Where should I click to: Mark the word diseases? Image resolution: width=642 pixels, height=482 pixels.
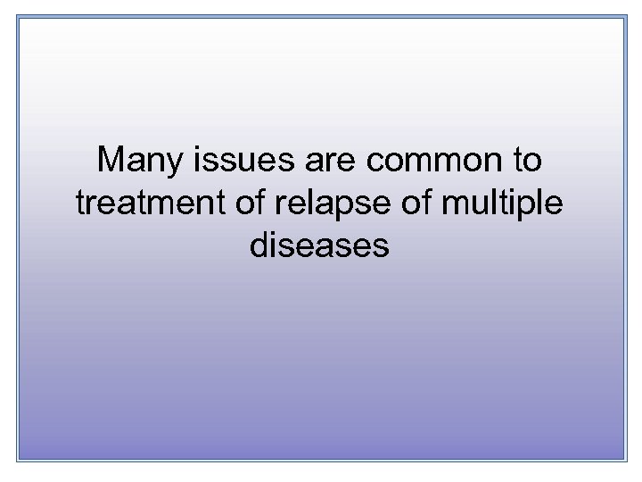pos(320,244)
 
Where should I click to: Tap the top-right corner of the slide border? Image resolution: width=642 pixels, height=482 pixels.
pos(626,15)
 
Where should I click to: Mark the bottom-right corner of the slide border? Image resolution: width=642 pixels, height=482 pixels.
pos(626,461)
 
